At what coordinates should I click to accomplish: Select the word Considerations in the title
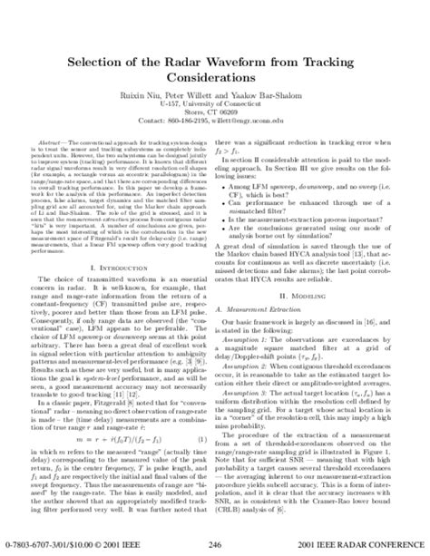pos(216,54)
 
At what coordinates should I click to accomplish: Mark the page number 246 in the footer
pos(215,544)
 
